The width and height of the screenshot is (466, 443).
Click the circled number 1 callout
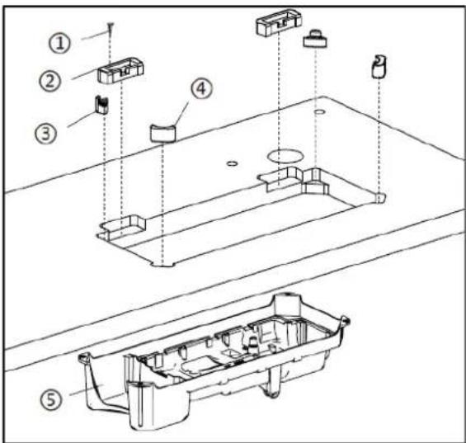(x=60, y=43)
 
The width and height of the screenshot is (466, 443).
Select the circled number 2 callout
(x=50, y=80)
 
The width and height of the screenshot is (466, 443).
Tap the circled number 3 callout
(x=46, y=133)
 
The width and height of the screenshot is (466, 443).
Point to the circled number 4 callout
(x=202, y=88)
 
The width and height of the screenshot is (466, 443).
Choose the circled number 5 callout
(x=51, y=399)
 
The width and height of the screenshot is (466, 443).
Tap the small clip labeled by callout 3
(x=101, y=105)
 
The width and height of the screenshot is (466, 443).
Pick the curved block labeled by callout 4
(x=163, y=133)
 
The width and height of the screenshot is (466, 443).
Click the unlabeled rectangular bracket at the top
(x=279, y=21)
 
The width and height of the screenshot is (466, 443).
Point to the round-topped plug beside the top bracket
(x=315, y=38)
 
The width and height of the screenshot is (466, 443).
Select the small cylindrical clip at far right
(x=379, y=67)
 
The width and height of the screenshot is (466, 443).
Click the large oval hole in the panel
(x=285, y=155)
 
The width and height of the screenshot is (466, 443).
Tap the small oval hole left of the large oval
(x=232, y=163)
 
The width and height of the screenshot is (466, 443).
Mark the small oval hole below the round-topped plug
(x=319, y=112)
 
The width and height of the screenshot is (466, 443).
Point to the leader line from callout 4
(x=181, y=113)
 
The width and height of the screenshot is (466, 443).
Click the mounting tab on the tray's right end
(x=346, y=321)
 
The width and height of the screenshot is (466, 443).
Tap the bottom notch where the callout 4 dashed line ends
(x=162, y=264)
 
